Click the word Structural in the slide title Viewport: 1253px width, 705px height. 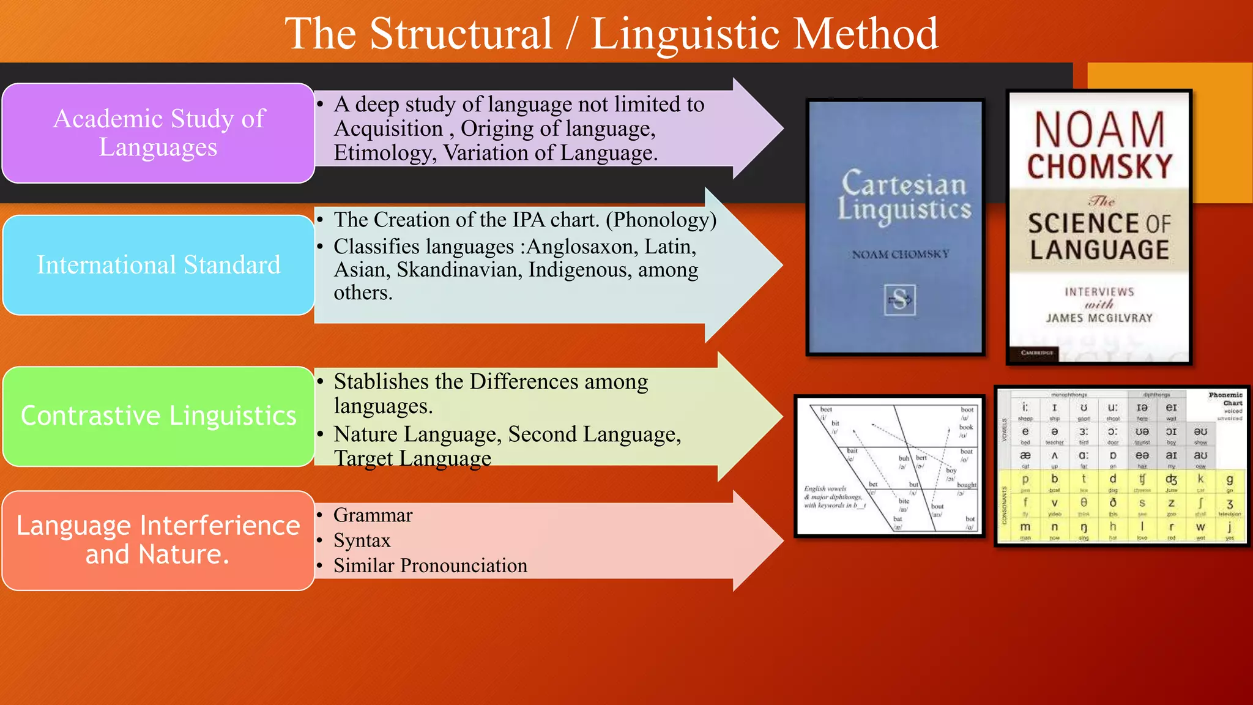click(461, 34)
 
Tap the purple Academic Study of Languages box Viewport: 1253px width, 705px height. click(158, 133)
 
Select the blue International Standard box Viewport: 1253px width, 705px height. click(158, 265)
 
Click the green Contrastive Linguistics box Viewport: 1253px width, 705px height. click(158, 416)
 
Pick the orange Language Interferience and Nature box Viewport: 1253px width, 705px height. click(158, 540)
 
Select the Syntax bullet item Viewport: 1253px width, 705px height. click(362, 541)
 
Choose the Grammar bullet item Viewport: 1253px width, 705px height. click(373, 515)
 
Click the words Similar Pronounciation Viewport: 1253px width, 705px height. click(430, 566)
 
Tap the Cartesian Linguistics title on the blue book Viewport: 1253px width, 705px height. click(904, 196)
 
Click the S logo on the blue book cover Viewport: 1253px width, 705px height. click(899, 300)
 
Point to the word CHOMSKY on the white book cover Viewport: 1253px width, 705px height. click(1099, 166)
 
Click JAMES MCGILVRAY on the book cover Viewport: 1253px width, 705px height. click(1099, 318)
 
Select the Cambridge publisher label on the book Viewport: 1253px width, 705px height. click(1037, 353)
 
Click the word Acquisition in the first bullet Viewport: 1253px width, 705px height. click(388, 129)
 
